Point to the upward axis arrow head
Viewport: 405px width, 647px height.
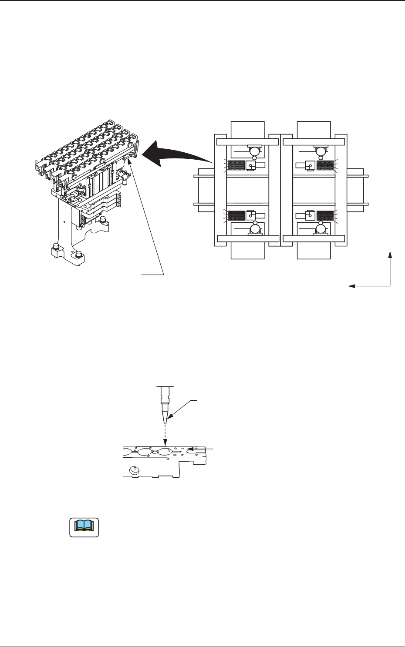coord(391,254)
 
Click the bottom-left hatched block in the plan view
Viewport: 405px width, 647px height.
coord(236,215)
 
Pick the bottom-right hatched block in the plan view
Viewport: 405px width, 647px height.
coord(325,215)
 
